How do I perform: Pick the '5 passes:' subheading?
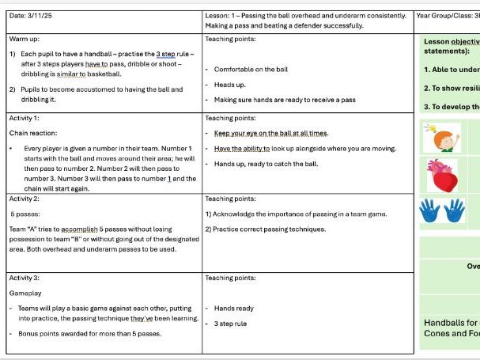(22, 214)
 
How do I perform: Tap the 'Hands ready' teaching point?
(233, 308)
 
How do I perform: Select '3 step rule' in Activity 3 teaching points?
(230, 324)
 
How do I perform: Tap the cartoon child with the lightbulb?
(441, 137)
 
